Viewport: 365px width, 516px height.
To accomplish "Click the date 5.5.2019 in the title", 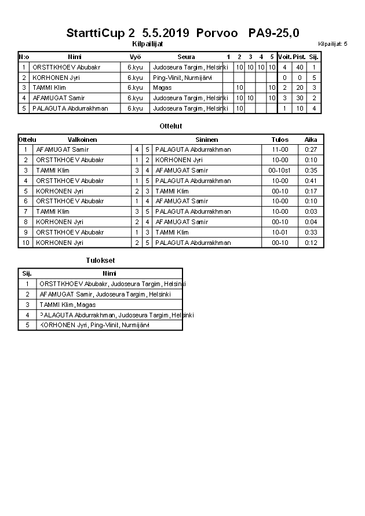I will tap(165, 33).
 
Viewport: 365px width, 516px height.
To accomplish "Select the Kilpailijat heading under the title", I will tap(148, 43).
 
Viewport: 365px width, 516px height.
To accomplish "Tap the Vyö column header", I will tap(135, 57).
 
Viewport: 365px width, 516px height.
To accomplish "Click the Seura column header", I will tap(186, 57).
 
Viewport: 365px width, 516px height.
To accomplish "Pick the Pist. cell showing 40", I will tap(300, 67).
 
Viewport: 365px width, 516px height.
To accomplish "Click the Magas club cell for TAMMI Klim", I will tap(162, 87).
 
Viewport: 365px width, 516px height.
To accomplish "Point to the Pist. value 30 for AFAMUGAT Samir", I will tap(300, 98).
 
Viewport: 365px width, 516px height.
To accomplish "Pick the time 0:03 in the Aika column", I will tap(311, 212).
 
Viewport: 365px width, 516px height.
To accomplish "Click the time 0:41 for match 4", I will tap(311, 181).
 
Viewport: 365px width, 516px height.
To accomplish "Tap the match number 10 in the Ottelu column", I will tap(25, 243).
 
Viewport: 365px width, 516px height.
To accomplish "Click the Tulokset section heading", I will tap(100, 261).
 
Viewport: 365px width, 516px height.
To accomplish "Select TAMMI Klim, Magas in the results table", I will tap(67, 305).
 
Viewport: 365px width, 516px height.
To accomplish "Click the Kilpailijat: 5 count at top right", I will tap(333, 44).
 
